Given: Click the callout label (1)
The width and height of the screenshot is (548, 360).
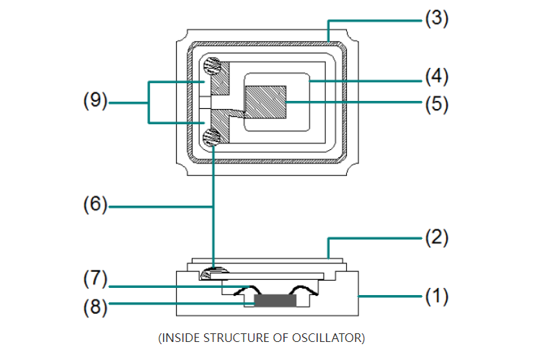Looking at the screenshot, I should point(435,296).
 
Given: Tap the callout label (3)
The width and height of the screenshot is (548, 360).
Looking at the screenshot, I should point(435,18).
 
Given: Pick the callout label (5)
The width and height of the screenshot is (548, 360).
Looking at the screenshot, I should point(435,103).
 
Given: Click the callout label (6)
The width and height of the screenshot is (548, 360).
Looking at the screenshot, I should point(94,206).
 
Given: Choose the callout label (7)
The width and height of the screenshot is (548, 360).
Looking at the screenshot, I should point(94,278).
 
